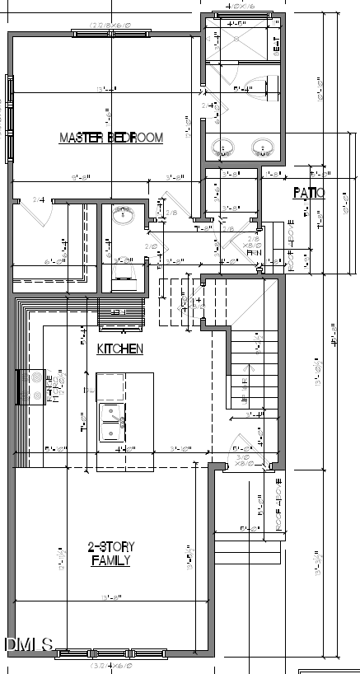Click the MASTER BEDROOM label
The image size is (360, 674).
point(110,138)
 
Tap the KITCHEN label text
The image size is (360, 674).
point(120,349)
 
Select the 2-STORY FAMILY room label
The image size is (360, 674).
point(112,554)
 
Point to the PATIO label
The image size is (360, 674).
point(309,193)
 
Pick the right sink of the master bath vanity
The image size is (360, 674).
point(264,148)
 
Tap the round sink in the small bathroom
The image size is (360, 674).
point(124,217)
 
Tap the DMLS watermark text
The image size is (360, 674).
point(29,644)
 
